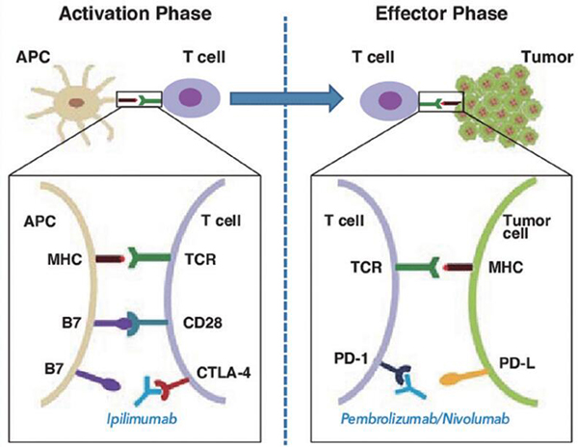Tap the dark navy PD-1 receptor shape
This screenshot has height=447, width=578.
point(396,375)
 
